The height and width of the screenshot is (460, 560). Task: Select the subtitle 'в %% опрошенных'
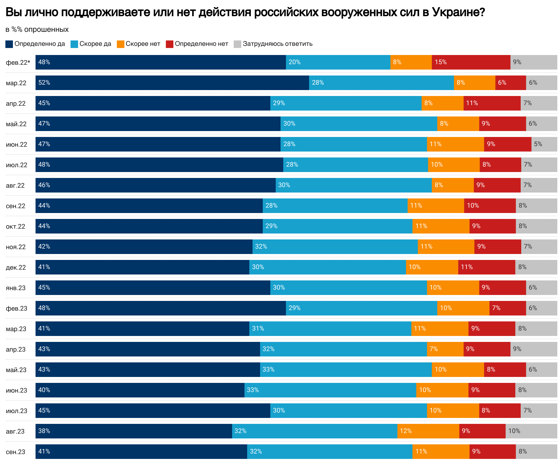point(37,29)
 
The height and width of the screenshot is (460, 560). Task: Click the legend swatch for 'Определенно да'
point(9,44)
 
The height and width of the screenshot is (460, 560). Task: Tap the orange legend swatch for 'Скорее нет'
point(120,44)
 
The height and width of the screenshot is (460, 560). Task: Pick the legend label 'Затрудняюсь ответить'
point(277,44)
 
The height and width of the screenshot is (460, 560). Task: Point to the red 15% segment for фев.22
point(471,62)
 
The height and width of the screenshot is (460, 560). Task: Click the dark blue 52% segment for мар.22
point(172,83)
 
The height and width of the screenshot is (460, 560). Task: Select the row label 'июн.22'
point(16,145)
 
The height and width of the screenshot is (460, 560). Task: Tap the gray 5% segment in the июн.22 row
point(544,144)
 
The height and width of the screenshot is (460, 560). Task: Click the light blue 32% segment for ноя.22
point(335,247)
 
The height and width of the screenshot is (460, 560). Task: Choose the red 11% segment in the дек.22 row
point(486,267)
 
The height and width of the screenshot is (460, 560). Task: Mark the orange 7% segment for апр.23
point(445,349)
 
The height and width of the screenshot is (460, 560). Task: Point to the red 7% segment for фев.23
point(507,308)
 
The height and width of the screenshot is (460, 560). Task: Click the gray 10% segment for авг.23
point(531,431)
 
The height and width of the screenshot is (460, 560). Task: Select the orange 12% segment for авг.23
point(428,431)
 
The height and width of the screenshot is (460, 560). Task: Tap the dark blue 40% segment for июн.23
point(140,390)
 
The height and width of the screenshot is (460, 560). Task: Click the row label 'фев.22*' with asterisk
point(18,63)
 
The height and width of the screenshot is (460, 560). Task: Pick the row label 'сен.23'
point(16,452)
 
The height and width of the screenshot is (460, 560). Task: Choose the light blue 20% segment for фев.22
point(338,62)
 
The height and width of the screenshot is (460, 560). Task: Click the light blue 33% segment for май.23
point(346,370)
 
